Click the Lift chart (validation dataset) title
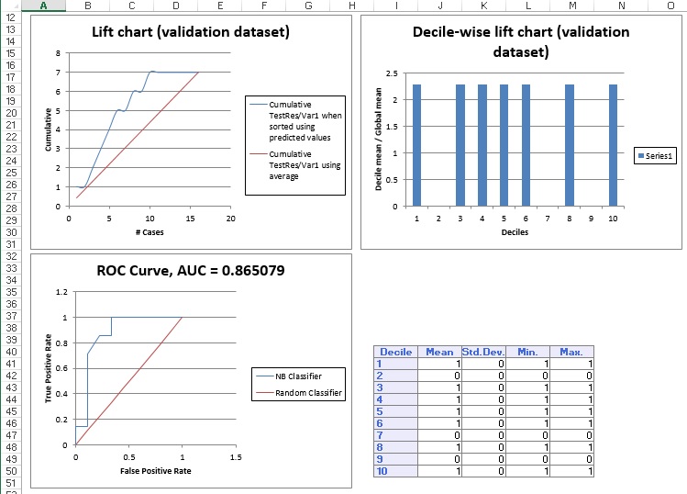[x=191, y=32]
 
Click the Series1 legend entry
[x=656, y=157]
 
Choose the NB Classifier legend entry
[x=297, y=376]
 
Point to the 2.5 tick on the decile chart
[x=392, y=73]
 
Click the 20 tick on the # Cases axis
[x=230, y=219]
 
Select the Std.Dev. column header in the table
[x=483, y=352]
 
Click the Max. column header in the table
[x=571, y=352]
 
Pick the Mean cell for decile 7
[x=438, y=435]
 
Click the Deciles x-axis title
[x=514, y=232]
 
